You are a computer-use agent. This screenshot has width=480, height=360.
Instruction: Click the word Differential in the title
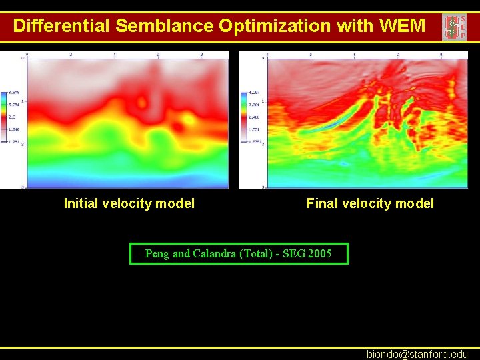pyautogui.click(x=61, y=26)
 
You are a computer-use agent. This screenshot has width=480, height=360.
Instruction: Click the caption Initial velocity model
pyautogui.click(x=129, y=204)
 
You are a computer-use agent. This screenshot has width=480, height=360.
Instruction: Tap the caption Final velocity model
pyautogui.click(x=370, y=204)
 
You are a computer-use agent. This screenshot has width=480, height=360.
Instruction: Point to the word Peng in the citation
pyautogui.click(x=157, y=253)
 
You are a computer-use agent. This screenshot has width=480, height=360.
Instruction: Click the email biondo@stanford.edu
pyautogui.click(x=417, y=355)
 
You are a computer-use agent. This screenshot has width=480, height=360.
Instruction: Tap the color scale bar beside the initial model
pyautogui.click(x=5, y=117)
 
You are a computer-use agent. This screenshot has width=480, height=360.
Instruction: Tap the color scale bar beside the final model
pyautogui.click(x=245, y=117)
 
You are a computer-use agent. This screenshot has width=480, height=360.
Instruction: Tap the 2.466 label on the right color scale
pyautogui.click(x=254, y=116)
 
